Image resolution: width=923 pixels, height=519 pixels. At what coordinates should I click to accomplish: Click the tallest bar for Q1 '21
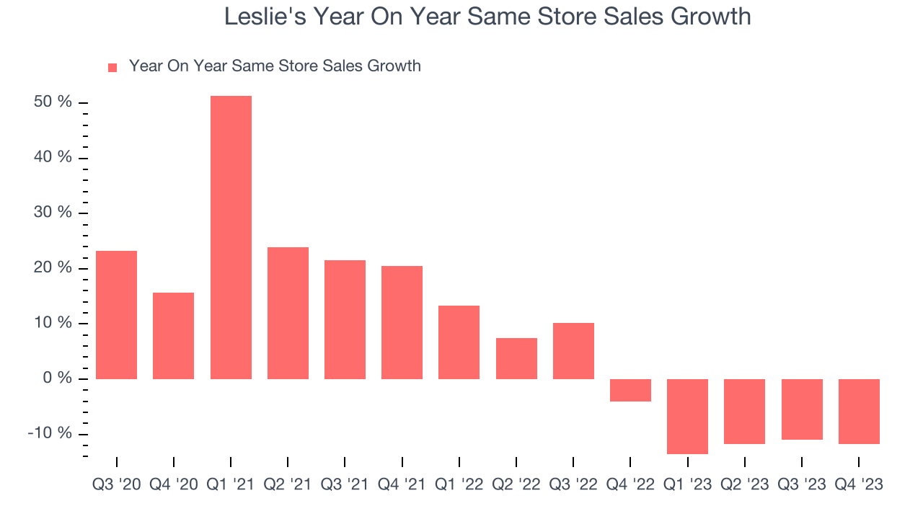tap(231, 238)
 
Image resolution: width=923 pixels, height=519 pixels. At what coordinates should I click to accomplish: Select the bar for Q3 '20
tap(116, 315)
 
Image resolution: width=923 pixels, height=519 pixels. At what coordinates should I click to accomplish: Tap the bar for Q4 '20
tap(173, 336)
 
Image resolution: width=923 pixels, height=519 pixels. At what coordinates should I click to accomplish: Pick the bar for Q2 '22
tap(516, 358)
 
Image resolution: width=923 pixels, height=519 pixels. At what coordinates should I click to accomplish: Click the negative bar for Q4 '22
tap(630, 390)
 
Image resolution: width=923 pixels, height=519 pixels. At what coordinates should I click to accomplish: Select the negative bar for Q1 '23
tap(687, 416)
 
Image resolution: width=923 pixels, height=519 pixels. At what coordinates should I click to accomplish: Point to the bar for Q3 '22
tap(573, 351)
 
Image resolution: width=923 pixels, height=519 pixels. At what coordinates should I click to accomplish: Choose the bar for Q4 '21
tap(402, 322)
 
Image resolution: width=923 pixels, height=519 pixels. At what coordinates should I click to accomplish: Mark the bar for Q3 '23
tap(802, 409)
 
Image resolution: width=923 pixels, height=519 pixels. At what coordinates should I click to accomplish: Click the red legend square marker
tap(112, 67)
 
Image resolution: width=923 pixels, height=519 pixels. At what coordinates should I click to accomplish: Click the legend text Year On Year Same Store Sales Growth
tap(275, 66)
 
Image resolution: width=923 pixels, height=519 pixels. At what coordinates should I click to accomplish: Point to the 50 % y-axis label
tap(53, 102)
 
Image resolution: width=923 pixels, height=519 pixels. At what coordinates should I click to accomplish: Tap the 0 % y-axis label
tap(57, 378)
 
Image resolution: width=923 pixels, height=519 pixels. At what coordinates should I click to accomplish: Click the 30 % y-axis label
tap(53, 213)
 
